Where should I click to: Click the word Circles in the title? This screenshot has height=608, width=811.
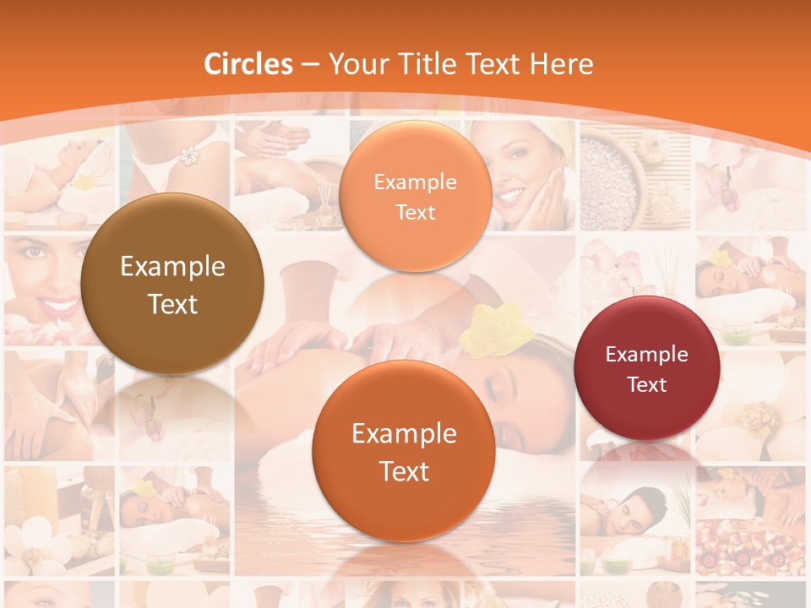pos(248,64)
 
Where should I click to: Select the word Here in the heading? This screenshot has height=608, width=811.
pos(561,64)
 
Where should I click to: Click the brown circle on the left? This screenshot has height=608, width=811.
pos(172,284)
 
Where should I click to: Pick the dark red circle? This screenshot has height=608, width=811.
pos(647,368)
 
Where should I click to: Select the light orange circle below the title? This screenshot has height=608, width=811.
pos(415,196)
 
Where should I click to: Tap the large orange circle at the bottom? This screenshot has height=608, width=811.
pos(404,451)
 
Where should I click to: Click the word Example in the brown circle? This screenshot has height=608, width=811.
pos(172,267)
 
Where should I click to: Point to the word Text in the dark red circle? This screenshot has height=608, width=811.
pos(647,385)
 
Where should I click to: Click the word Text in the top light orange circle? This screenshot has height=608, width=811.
pos(415,213)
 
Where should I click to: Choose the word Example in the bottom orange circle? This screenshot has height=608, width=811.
pos(404,434)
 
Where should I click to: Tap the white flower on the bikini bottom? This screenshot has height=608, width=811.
pos(188,157)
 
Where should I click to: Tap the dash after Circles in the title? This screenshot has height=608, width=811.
pos(310,65)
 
